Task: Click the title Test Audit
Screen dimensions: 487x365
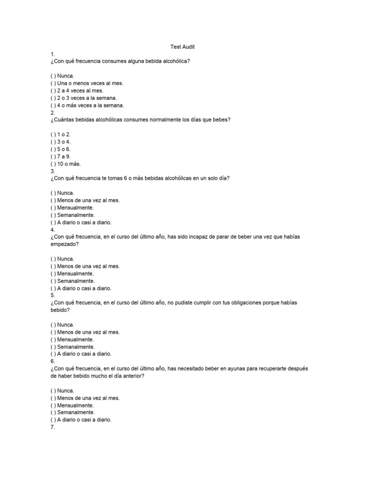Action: tap(182, 47)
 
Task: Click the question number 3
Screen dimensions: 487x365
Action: tap(52, 171)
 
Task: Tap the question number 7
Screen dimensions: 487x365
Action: tap(52, 427)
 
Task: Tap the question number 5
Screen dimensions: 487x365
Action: tap(52, 295)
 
